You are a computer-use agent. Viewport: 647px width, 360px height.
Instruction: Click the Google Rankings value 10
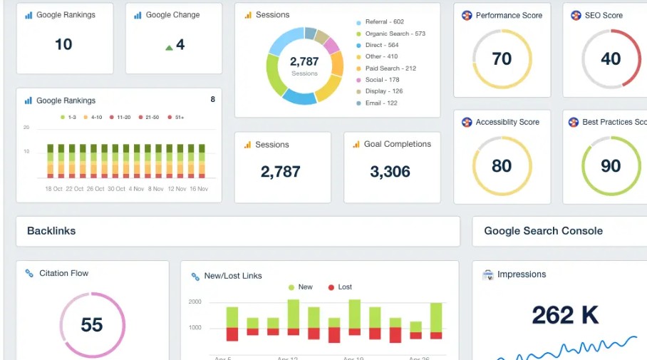(63, 44)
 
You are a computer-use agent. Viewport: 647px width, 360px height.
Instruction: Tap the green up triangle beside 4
(169, 48)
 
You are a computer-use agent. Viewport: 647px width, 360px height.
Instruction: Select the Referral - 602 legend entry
(384, 22)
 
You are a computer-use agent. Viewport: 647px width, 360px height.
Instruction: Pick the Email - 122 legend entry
(381, 103)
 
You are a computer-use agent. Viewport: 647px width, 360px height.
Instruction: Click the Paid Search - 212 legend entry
(390, 68)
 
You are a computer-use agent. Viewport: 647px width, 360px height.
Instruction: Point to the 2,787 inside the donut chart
(304, 62)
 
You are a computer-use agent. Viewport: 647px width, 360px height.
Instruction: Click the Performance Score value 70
(502, 58)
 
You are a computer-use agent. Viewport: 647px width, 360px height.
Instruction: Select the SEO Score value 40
(611, 58)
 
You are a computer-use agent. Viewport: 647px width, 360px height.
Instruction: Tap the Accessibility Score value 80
(502, 166)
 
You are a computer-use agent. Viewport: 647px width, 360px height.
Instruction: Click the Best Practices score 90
(611, 166)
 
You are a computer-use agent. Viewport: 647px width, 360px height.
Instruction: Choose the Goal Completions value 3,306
(390, 172)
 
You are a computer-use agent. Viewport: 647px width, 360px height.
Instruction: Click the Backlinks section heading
(51, 231)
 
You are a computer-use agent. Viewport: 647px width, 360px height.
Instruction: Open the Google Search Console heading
(543, 231)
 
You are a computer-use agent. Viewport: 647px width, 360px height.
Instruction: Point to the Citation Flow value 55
(92, 325)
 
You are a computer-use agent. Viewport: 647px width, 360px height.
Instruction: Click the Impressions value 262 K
(565, 314)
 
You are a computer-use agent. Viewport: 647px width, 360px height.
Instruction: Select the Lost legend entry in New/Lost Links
(340, 287)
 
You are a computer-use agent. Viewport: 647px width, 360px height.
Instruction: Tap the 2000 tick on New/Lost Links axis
(195, 302)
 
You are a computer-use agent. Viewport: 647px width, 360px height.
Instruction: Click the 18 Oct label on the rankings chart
(53, 189)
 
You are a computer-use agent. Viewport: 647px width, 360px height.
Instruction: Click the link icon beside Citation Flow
(29, 273)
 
